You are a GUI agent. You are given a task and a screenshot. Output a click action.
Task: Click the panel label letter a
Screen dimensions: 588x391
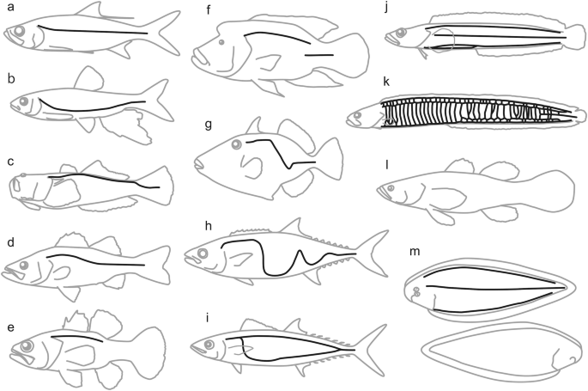point(10,7)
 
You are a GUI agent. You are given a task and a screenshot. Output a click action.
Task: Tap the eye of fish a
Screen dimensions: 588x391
point(20,30)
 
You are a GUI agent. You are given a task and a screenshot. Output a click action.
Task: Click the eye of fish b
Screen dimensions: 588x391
point(24,101)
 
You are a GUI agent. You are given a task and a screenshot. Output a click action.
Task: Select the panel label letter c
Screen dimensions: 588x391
point(10,162)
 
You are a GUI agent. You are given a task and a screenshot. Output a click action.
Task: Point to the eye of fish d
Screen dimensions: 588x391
point(24,266)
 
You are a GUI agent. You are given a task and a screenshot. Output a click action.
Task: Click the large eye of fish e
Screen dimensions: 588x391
point(27,346)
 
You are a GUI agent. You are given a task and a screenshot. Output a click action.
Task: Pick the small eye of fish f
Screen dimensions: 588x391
point(221,42)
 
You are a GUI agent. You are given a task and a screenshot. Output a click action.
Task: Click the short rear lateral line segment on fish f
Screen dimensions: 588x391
point(319,55)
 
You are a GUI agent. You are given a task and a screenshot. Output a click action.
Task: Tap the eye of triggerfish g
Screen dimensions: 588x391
point(237,144)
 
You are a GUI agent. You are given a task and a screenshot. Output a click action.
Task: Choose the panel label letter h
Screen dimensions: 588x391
point(209,226)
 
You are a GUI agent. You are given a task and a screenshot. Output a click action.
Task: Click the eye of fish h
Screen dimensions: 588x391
point(203,254)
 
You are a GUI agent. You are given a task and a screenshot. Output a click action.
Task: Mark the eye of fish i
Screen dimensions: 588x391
point(209,344)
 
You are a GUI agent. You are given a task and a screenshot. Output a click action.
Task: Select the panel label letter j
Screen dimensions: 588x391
point(386,9)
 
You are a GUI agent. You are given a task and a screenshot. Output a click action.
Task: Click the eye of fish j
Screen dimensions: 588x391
point(401,33)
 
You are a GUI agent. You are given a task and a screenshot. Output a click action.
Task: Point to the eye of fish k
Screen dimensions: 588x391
point(357,115)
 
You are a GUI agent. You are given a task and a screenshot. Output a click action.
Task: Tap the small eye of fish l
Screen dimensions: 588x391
point(391,187)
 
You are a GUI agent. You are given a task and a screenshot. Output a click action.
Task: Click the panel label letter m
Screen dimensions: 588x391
point(415,252)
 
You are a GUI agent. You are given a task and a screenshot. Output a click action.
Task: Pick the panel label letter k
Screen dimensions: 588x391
point(386,82)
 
